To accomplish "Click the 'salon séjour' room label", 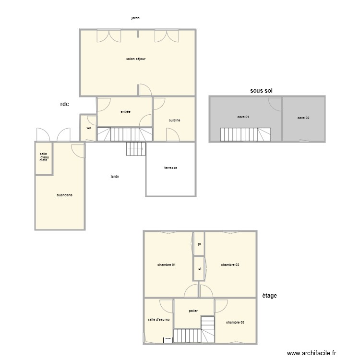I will [x=136, y=59].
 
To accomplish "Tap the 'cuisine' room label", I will [x=174, y=120].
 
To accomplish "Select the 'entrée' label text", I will [x=125, y=112].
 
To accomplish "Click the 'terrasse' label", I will [x=170, y=168].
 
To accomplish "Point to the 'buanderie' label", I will [x=64, y=195].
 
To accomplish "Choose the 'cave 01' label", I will [x=243, y=117].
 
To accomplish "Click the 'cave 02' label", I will [x=303, y=118].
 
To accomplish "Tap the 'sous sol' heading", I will [x=262, y=90].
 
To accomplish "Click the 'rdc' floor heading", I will [x=65, y=104].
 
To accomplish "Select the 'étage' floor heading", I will [x=269, y=296].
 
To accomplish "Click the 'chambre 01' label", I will [x=166, y=264].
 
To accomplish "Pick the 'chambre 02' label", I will [x=230, y=264].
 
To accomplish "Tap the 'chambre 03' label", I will [x=235, y=322].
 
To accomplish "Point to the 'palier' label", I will [x=193, y=311].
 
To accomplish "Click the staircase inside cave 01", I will [x=245, y=134].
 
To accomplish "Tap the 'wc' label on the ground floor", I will [x=89, y=128].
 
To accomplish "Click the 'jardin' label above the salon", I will [x=135, y=18].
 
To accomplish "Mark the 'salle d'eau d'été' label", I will [x=44, y=157].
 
